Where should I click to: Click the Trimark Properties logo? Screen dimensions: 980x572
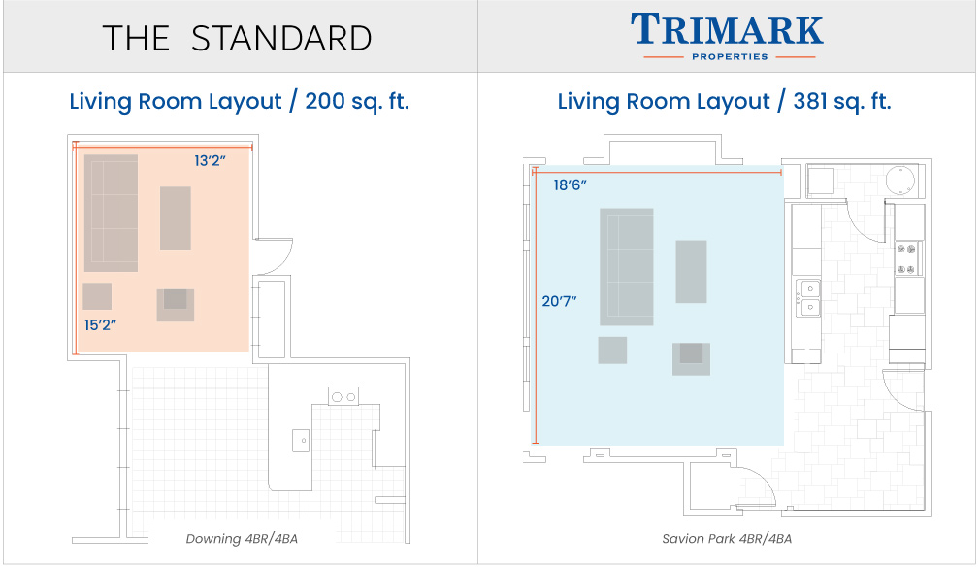tap(727, 37)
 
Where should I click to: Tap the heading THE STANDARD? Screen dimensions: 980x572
tap(237, 39)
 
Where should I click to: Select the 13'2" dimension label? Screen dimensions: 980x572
tap(210, 161)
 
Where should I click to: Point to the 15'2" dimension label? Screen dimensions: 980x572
tap(100, 324)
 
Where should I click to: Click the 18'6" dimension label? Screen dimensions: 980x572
tap(570, 185)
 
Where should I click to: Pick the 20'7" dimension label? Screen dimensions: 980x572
tap(559, 301)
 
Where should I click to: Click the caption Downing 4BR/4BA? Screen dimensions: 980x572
tap(242, 539)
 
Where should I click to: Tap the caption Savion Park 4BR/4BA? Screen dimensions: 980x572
tap(727, 539)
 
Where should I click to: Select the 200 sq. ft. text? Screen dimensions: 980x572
tap(357, 101)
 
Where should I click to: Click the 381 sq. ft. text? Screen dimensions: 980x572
tap(842, 101)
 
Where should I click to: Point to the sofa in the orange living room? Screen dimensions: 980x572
tap(112, 214)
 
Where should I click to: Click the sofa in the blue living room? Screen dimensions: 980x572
tap(627, 267)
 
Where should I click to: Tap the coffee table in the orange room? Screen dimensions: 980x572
tap(176, 218)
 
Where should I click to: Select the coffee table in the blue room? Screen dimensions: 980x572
tap(691, 272)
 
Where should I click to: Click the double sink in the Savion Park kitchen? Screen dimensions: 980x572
tap(808, 298)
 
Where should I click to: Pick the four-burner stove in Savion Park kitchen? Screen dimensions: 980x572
tap(907, 258)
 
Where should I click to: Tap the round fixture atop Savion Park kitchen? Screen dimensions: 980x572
tap(900, 181)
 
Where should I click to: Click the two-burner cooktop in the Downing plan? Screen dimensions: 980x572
tap(343, 397)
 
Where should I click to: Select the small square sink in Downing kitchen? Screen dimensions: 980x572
tap(301, 441)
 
